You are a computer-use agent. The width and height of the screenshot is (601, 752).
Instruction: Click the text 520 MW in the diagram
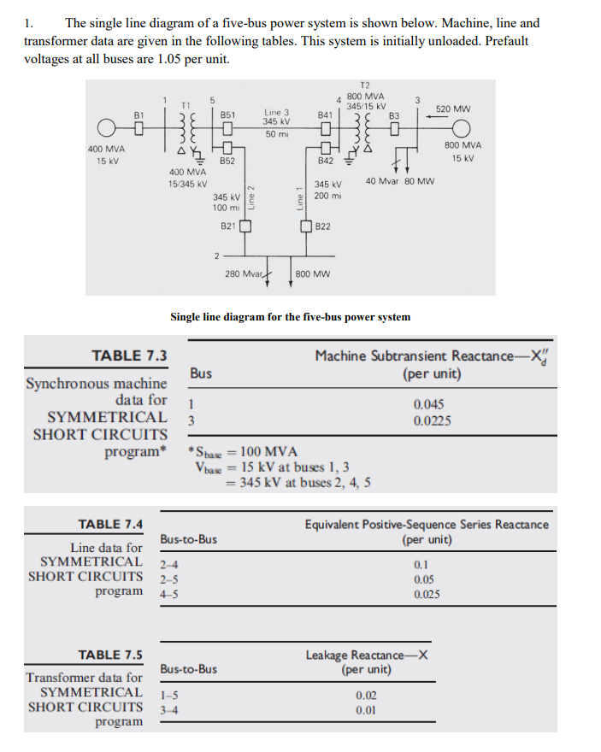452,109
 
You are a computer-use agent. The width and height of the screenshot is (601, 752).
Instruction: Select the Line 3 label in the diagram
277,112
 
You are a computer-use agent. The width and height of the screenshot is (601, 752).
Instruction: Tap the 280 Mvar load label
243,274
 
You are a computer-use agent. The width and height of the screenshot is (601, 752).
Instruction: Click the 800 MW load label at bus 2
313,274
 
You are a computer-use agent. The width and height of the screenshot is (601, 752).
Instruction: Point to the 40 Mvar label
383,180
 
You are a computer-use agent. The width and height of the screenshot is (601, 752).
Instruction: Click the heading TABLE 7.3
129,355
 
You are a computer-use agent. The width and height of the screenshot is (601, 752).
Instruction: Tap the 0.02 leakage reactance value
367,696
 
